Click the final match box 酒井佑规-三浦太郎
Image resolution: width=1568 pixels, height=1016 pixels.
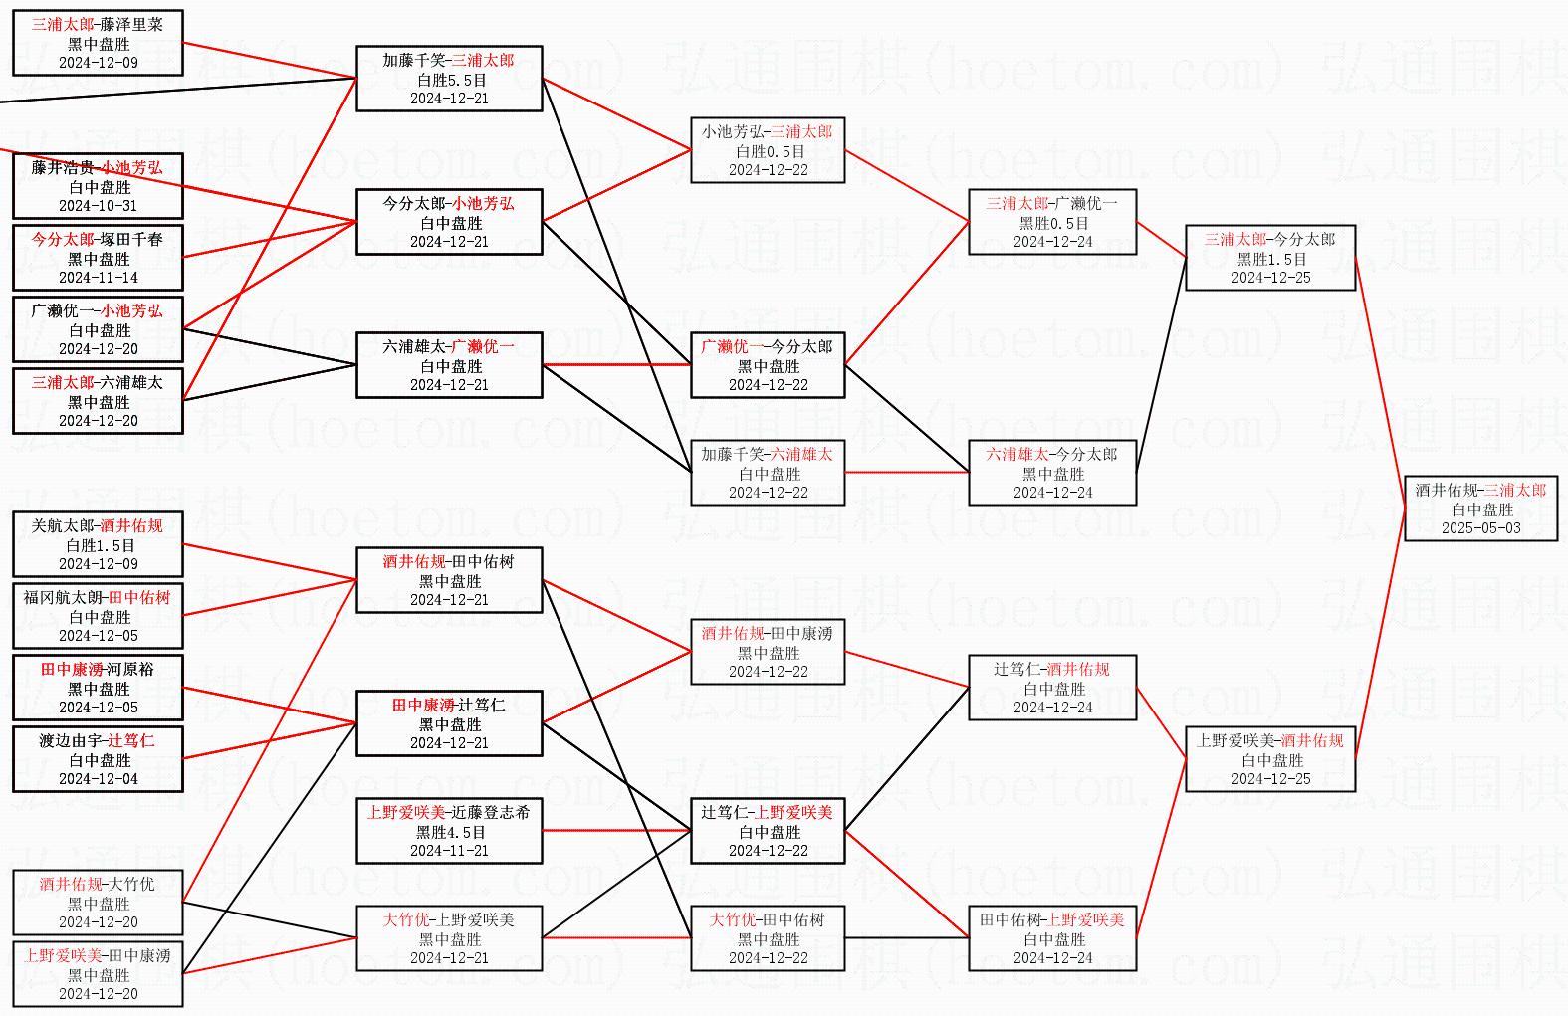pyautogui.click(x=1480, y=508)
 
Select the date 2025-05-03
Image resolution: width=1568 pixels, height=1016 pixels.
pyautogui.click(x=1480, y=528)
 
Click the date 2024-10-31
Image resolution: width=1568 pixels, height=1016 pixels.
pyautogui.click(x=98, y=206)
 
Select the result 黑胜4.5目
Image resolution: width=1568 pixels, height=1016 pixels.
pyautogui.click(x=450, y=832)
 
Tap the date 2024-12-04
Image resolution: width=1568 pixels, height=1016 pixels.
pyautogui.click(x=98, y=779)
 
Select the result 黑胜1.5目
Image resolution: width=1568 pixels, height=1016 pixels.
pyautogui.click(x=1271, y=259)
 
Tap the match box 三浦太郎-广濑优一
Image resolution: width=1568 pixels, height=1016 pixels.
pyautogui.click(x=1052, y=222)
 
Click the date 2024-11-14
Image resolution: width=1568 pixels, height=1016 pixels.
pyautogui.click(x=98, y=278)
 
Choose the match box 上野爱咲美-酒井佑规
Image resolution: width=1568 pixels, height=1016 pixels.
pyautogui.click(x=1270, y=759)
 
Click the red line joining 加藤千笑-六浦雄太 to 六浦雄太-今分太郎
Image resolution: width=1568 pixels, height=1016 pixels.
pyautogui.click(x=907, y=473)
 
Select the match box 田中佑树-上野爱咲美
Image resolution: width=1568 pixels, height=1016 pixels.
pyautogui.click(x=1052, y=938)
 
